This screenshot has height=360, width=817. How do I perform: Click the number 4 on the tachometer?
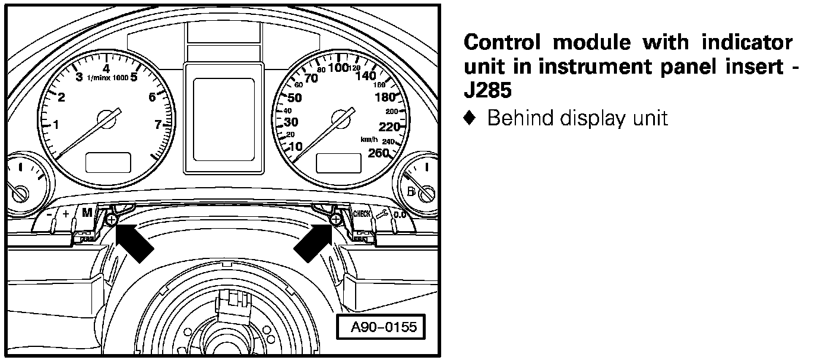coord(106,68)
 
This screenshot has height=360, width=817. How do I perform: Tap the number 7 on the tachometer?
coord(158,124)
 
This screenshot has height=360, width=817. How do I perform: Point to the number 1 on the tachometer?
coord(56,125)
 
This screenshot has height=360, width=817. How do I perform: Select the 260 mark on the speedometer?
coord(378,153)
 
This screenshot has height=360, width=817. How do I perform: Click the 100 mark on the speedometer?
coord(338,67)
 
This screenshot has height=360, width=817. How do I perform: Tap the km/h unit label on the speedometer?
coord(369,140)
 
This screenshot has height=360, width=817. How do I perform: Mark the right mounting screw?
coord(335,220)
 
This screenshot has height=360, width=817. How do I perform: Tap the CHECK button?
coord(362,214)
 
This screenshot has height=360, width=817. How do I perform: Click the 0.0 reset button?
coord(400,214)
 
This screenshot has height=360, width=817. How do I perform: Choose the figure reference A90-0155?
coord(384,327)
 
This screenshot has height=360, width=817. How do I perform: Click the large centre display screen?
coord(224,119)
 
